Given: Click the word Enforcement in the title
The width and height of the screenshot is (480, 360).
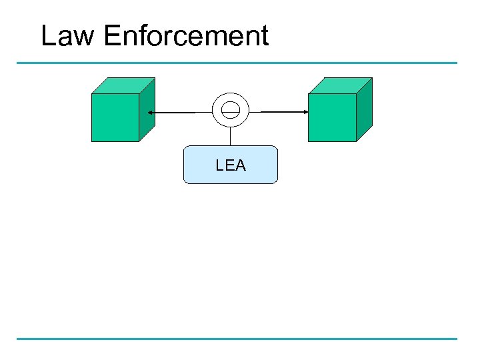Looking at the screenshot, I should coord(186,36).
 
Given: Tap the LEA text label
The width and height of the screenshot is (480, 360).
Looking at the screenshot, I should coord(231,165).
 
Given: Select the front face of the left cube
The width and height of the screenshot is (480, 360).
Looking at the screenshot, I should coord(115,117).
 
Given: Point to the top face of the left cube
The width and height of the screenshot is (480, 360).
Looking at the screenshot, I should coord(123,85).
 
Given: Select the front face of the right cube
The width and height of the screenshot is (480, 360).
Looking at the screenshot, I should coord(332,117).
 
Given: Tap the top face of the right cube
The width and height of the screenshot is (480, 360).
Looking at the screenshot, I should coord(340,85).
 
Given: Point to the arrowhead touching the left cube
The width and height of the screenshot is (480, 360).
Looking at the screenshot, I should coord(150,113).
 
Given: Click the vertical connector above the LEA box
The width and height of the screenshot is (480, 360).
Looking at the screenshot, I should coord(231,137).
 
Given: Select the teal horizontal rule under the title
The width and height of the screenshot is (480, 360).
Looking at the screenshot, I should coord(237,63).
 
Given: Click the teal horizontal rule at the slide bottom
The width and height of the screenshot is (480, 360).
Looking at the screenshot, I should coord(237,339).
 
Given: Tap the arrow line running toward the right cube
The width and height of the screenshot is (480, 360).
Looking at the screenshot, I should coord(280,112).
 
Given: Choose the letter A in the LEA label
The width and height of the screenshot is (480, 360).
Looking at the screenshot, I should coord(240,165).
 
